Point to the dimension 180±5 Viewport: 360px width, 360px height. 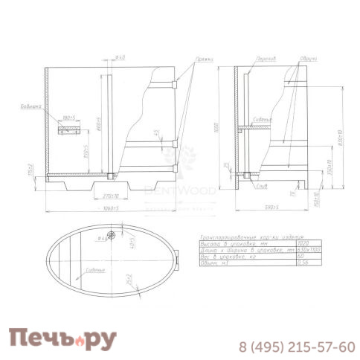point(70,118)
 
